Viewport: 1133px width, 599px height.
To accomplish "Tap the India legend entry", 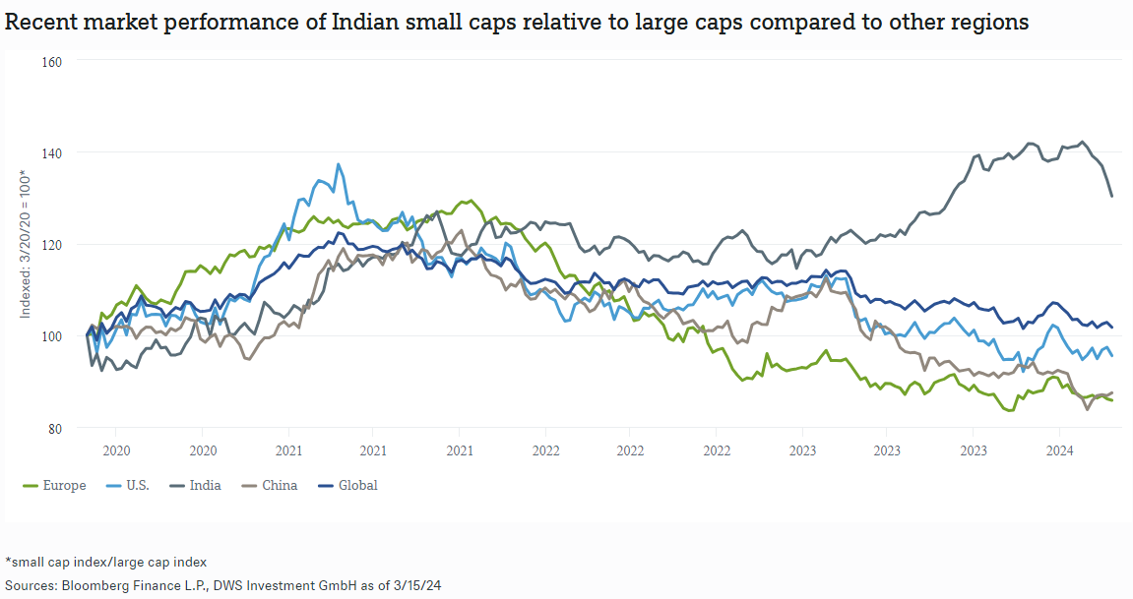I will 205,485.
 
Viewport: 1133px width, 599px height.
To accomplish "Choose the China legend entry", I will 280,485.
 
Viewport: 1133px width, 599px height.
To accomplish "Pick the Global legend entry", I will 357,485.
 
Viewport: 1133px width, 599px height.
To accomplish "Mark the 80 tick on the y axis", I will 54,428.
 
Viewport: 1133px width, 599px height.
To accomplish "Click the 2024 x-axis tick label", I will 1058,450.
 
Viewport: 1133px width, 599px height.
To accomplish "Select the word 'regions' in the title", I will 995,23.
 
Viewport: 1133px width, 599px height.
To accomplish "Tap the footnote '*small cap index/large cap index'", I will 105,563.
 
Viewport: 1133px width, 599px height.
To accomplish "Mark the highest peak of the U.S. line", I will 339,164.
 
